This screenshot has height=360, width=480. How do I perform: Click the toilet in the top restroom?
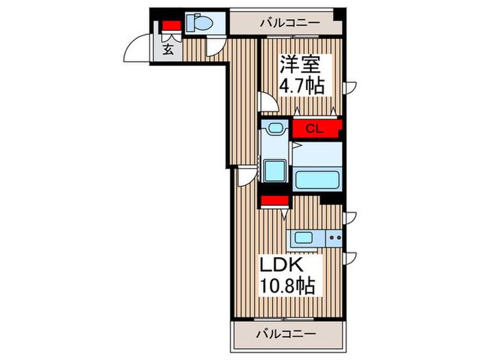pos(200,22)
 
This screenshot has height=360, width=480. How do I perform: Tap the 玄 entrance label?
pos(168,49)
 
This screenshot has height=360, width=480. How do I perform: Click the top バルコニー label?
pos(290,23)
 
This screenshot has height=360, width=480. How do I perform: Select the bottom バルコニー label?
pos(286,334)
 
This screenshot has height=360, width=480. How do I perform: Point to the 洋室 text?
pos(300,64)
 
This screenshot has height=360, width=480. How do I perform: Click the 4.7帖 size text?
pos(301,86)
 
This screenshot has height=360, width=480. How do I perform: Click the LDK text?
pos(282,265)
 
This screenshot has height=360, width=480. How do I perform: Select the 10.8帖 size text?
pos(287,286)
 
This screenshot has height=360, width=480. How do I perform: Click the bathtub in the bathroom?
pos(317,180)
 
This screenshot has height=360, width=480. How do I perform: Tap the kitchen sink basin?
pos(303,237)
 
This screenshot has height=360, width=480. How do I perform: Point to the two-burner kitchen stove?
pos(334,237)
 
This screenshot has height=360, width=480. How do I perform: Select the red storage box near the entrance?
pos(171,26)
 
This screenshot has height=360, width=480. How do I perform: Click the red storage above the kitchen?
pos(274,201)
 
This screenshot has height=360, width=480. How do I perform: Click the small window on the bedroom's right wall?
pos(350,88)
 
